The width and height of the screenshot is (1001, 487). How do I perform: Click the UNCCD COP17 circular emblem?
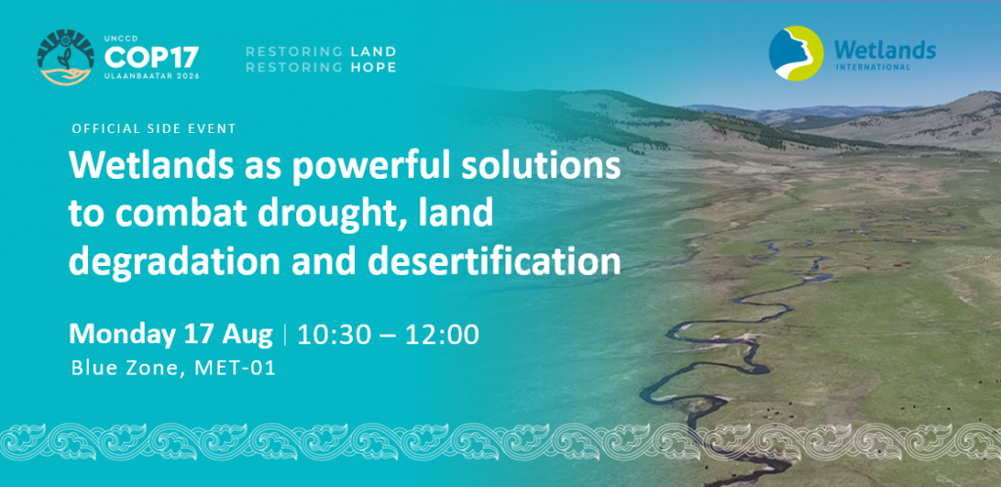(66, 57)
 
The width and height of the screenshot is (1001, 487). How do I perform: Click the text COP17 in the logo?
(152, 58)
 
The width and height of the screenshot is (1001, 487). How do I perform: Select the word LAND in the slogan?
(373, 51)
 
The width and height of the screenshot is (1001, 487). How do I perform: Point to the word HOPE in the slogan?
(373, 67)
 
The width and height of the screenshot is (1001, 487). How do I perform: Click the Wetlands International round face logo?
(796, 54)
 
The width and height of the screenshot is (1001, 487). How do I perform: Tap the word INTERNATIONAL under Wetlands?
(872, 66)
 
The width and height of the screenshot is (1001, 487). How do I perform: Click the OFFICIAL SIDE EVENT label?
(153, 129)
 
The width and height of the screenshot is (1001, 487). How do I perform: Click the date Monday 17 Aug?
(171, 334)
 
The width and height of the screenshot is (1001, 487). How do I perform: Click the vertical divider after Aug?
(284, 335)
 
